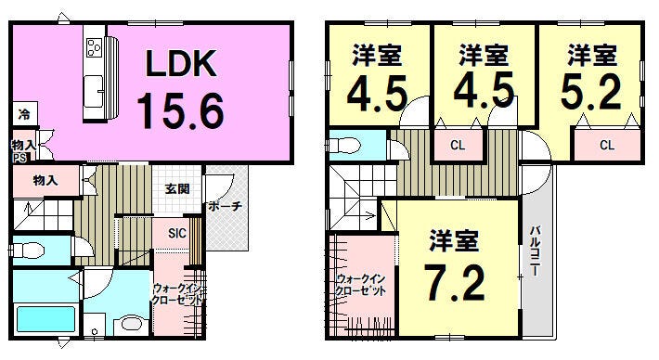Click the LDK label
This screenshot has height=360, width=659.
tap(181, 63)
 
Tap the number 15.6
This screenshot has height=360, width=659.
tap(181, 110)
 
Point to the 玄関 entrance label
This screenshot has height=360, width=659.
tap(177, 189)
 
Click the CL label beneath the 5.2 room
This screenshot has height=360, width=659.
tap(606, 145)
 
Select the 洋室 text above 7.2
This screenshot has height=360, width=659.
tap(454, 241)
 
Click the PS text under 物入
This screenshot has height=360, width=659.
tap(19, 158)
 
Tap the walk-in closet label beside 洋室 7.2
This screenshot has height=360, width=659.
tap(361, 284)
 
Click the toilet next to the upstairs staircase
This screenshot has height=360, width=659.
tap(345, 146)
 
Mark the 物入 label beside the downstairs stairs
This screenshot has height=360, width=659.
tap(45, 180)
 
